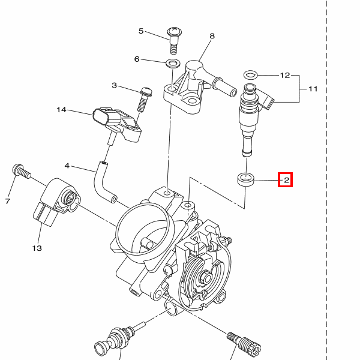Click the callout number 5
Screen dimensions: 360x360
142,31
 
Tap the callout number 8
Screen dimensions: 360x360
212,37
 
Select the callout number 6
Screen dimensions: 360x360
137,59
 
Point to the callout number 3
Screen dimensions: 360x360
114,86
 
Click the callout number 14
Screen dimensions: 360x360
61,110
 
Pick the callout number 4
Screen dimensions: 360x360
67,166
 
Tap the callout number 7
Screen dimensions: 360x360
8,201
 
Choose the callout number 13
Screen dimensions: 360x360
37,247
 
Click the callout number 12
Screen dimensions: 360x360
285,76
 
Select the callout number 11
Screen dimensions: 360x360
313,89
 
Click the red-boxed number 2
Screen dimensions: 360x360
286,179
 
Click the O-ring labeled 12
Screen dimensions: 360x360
250,74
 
